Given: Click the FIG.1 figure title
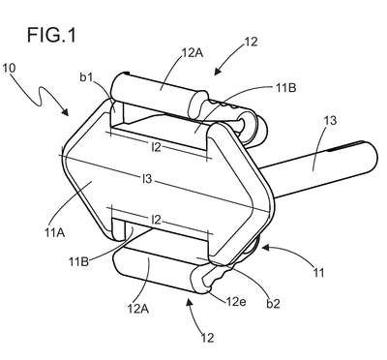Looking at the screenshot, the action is tap(51, 35).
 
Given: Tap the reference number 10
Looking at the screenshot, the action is tap(9, 68).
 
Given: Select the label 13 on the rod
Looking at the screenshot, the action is tap(330, 120).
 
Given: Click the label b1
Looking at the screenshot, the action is tap(86, 78).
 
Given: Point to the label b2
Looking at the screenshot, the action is tap(273, 304).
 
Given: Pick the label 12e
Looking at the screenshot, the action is tap(236, 302).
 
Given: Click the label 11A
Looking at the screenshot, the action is tap(55, 232).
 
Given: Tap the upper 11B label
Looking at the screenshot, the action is tap(286, 87).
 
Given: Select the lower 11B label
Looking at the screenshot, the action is tap(78, 261).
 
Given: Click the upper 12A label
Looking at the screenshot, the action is tap(193, 52).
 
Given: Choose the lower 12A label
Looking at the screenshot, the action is tap(137, 309).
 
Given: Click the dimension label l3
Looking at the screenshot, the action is tap(147, 178).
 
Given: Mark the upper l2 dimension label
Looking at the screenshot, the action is tap(156, 147).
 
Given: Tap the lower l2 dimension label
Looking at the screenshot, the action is tap(156, 220).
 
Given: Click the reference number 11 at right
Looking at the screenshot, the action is tap(318, 273).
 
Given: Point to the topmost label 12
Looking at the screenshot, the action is tap(252, 42).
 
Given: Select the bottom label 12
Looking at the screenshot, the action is tap(208, 338).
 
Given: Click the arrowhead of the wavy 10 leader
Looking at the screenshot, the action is tap(65, 111).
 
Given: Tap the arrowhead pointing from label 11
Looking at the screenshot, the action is tap(266, 248).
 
